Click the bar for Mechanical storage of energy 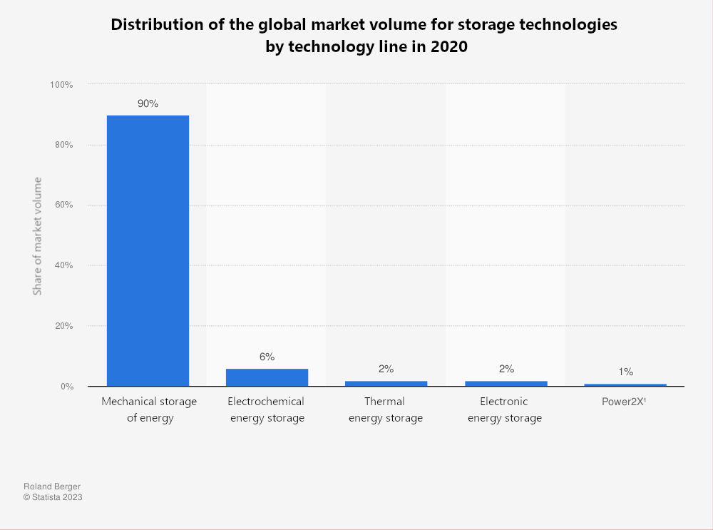point(148,250)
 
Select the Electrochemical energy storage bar point(267,377)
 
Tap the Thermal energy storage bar point(386,383)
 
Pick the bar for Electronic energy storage point(506,383)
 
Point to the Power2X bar point(625,385)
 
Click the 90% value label point(148,103)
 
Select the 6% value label point(267,357)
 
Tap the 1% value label point(625,372)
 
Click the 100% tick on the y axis point(61,85)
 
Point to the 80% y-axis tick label point(63,145)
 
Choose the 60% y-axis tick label point(63,205)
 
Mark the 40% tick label point(63,265)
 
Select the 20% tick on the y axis point(63,326)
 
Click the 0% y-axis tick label point(66,387)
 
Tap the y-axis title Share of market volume point(37,235)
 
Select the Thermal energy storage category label point(385,409)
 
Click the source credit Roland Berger point(52,486)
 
